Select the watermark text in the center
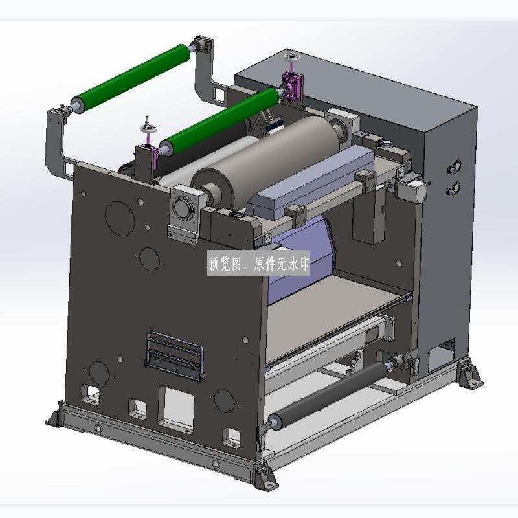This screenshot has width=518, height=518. (259, 264)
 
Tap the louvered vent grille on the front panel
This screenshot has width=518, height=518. (175, 356)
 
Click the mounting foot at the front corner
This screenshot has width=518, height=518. (265, 475)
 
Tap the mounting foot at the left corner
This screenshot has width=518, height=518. (54, 415)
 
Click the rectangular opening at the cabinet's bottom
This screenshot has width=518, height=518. (442, 356)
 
